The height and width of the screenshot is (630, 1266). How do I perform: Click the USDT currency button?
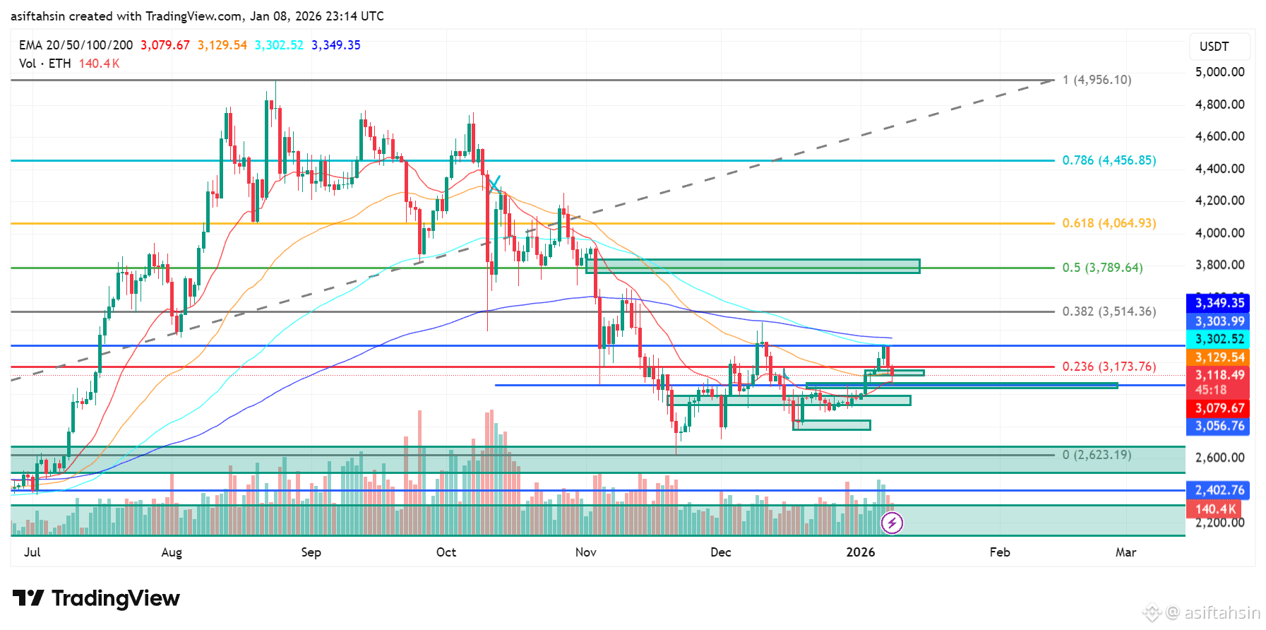point(1214,47)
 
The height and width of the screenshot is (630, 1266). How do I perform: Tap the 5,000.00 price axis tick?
point(1219,72)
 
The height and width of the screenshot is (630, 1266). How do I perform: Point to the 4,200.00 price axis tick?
point(1219,201)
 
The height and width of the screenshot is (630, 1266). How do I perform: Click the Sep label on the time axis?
point(311,552)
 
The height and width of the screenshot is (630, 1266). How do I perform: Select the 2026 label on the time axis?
point(860,552)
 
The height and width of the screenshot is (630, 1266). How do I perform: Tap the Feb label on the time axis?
point(999,552)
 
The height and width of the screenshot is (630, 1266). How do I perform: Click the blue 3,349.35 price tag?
point(1219,303)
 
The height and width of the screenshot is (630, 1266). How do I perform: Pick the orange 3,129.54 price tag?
point(1219,357)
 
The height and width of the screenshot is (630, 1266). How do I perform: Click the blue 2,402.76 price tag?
point(1219,490)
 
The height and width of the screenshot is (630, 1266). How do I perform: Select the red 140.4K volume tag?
point(1216,509)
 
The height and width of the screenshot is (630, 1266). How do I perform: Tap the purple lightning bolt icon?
point(892,523)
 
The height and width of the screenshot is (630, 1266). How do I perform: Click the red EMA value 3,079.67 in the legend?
point(165,45)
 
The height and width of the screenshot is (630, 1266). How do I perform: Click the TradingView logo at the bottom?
point(96,599)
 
